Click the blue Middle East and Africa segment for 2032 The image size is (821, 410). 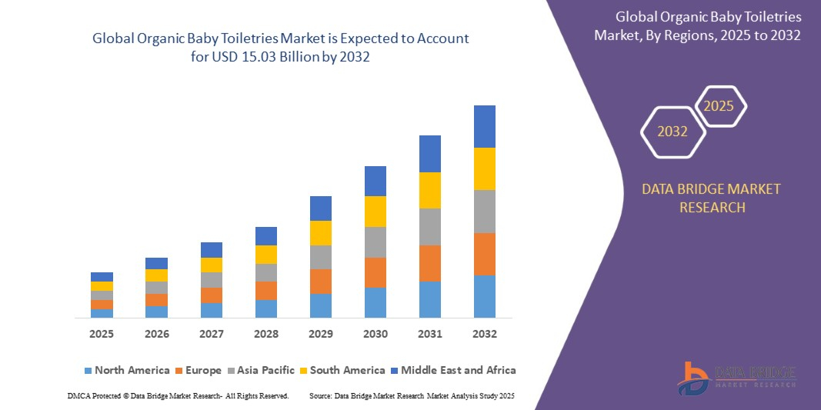484,126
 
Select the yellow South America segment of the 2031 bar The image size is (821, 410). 429,190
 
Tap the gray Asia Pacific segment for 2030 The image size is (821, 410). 375,242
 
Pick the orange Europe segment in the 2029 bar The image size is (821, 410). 320,281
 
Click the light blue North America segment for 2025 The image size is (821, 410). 102,313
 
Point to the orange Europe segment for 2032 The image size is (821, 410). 484,254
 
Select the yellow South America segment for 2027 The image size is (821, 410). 211,265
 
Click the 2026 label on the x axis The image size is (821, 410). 156,335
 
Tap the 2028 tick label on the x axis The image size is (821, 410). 265,335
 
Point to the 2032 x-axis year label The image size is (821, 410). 484,335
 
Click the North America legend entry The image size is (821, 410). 126,370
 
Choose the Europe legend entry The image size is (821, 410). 198,370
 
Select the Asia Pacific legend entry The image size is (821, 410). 259,370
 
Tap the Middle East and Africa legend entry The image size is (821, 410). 452,370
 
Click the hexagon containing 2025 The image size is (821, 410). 719,106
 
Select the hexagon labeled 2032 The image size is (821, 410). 672,132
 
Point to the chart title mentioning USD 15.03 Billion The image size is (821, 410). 280,47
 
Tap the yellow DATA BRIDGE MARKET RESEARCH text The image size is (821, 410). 711,198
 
